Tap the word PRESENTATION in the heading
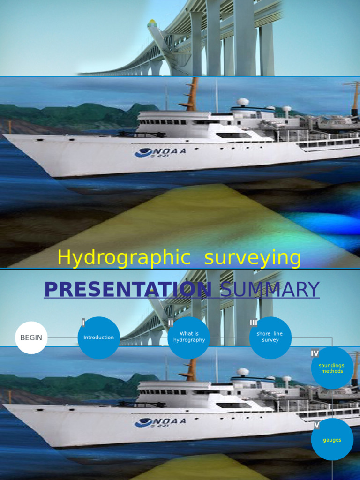[128, 290]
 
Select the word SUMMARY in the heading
[270, 290]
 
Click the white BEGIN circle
[31, 337]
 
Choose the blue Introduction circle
[99, 337]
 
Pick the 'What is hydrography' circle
[189, 337]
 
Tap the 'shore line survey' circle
[270, 337]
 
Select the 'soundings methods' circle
[332, 368]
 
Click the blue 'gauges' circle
[332, 440]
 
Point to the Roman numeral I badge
[83, 322]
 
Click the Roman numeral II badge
[171, 322]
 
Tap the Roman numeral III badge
[254, 322]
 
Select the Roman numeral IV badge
[315, 353]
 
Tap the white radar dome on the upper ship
[243, 102]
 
